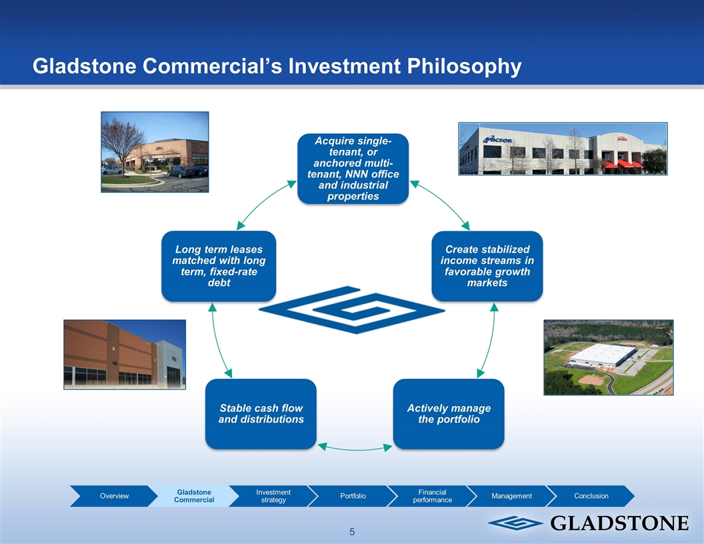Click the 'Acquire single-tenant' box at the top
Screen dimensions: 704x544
point(353,169)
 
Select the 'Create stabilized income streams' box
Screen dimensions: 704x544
point(487,266)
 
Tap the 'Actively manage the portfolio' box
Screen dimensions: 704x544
point(449,414)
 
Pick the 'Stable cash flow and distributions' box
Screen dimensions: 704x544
point(261,414)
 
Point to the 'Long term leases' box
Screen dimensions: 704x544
point(219,266)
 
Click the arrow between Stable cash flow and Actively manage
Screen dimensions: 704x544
point(355,449)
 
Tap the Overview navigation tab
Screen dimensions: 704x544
point(114,496)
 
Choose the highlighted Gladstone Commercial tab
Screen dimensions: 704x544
point(194,496)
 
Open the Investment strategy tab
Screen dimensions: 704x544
point(273,496)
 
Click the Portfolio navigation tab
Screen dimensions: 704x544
point(353,496)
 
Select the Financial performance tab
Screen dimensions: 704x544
point(433,496)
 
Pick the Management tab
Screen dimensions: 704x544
point(512,496)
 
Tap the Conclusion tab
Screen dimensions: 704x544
point(591,496)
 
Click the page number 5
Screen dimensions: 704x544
point(352,532)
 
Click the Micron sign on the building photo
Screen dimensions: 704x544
point(497,139)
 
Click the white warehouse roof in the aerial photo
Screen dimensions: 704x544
point(602,353)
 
